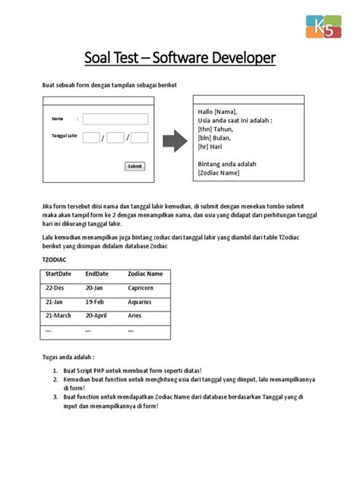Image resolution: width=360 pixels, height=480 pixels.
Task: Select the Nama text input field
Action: coord(115,118)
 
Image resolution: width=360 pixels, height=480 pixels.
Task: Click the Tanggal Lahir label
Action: coord(65,136)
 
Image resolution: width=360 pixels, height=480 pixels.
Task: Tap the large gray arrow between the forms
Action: coord(175,141)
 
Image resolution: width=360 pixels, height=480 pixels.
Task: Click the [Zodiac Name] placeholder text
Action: coord(219,172)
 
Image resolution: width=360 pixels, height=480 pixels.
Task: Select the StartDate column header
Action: coord(58,273)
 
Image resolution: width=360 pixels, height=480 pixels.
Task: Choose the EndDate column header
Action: coord(96,273)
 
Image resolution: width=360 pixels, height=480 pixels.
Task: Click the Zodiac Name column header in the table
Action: coord(145,273)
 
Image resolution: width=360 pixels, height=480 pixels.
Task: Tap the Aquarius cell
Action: coord(141,302)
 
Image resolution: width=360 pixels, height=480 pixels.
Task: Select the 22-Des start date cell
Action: coord(55,288)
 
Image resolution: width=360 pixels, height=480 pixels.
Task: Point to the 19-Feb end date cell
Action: coord(95,302)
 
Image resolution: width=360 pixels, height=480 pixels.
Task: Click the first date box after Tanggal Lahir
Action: coord(90,137)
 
